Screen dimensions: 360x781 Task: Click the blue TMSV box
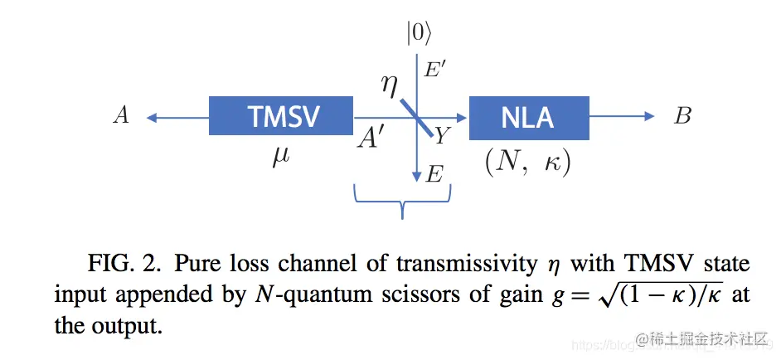click(281, 116)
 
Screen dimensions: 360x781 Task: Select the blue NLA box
click(528, 117)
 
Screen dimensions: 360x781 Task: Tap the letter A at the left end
click(121, 116)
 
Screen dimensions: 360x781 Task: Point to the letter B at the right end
click(682, 116)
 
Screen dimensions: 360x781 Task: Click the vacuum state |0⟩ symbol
click(419, 33)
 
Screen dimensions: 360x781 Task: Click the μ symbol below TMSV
click(281, 157)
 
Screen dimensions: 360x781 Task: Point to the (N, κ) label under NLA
click(528, 160)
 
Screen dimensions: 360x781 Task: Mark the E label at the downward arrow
click(435, 174)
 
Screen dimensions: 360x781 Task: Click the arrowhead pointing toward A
click(153, 117)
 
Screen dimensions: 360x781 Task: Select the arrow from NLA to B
click(622, 117)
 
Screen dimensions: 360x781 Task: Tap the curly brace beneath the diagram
click(402, 199)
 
